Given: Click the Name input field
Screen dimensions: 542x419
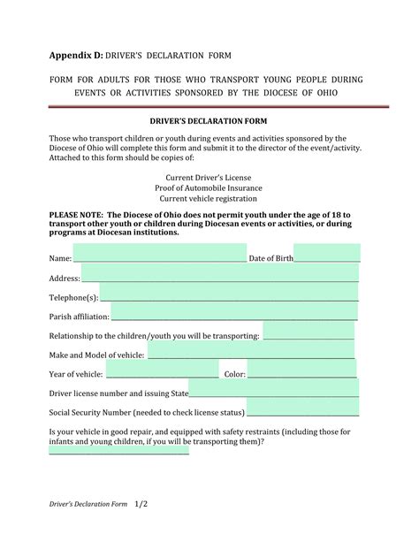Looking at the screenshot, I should pyautogui.click(x=159, y=253).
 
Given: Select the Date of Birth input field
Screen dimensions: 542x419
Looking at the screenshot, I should pyautogui.click(x=326, y=253).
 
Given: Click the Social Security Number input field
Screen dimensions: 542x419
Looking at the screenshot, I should pyautogui.click(x=302, y=409).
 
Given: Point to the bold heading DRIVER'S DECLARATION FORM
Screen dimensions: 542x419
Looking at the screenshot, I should pyautogui.click(x=209, y=119).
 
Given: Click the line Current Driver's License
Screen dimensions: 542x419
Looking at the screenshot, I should pyautogui.click(x=209, y=177).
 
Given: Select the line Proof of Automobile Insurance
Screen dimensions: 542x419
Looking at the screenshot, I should pyautogui.click(x=209, y=187).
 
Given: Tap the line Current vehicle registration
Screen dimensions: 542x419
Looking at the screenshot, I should pyautogui.click(x=209, y=198).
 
